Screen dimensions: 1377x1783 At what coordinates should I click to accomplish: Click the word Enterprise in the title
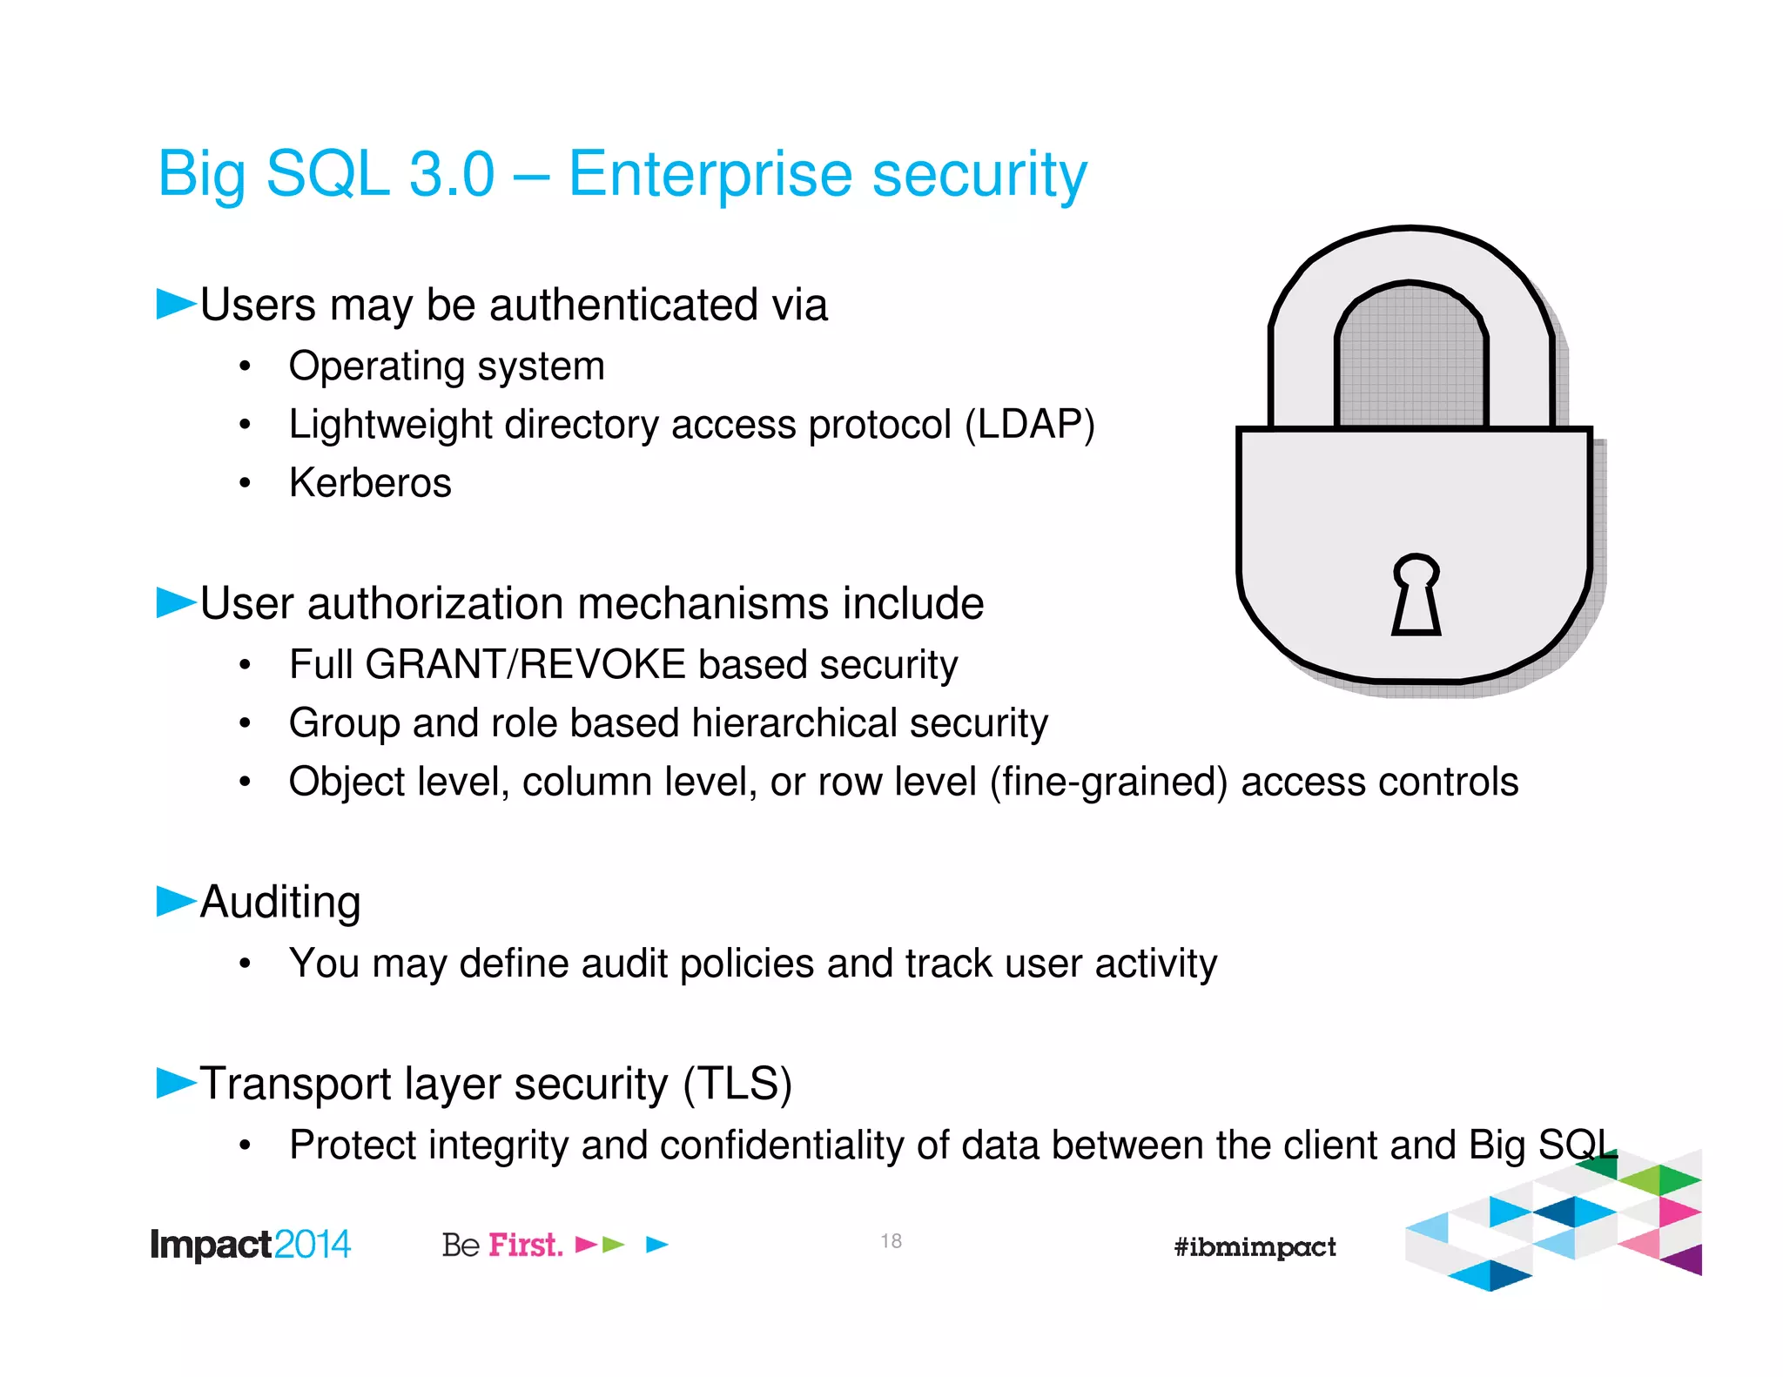tap(710, 174)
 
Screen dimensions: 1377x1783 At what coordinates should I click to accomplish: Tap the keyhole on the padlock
tap(1416, 594)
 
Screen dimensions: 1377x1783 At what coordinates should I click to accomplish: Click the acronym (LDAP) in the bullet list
tap(1029, 425)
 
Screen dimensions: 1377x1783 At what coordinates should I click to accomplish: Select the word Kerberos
tap(370, 483)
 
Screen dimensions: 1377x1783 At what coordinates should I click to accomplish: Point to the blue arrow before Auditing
tap(175, 901)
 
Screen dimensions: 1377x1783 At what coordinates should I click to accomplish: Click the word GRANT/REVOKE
tap(526, 665)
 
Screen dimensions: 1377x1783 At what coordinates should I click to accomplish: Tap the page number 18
tap(891, 1241)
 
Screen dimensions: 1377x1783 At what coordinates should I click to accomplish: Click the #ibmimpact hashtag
tap(1254, 1247)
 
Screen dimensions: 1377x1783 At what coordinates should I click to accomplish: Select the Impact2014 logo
tap(250, 1245)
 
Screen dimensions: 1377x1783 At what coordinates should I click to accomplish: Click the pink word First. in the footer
tap(525, 1245)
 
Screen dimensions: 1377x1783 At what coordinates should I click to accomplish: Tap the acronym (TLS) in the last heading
tap(737, 1085)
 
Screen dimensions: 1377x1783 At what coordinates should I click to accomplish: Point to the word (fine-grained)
tap(1108, 782)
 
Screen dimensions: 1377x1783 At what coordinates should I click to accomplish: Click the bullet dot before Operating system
tap(246, 367)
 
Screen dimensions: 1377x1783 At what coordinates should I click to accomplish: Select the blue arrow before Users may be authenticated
tap(175, 304)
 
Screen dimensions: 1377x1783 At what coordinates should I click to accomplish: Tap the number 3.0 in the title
tap(451, 174)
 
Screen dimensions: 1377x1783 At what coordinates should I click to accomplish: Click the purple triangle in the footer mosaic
tap(1685, 1259)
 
